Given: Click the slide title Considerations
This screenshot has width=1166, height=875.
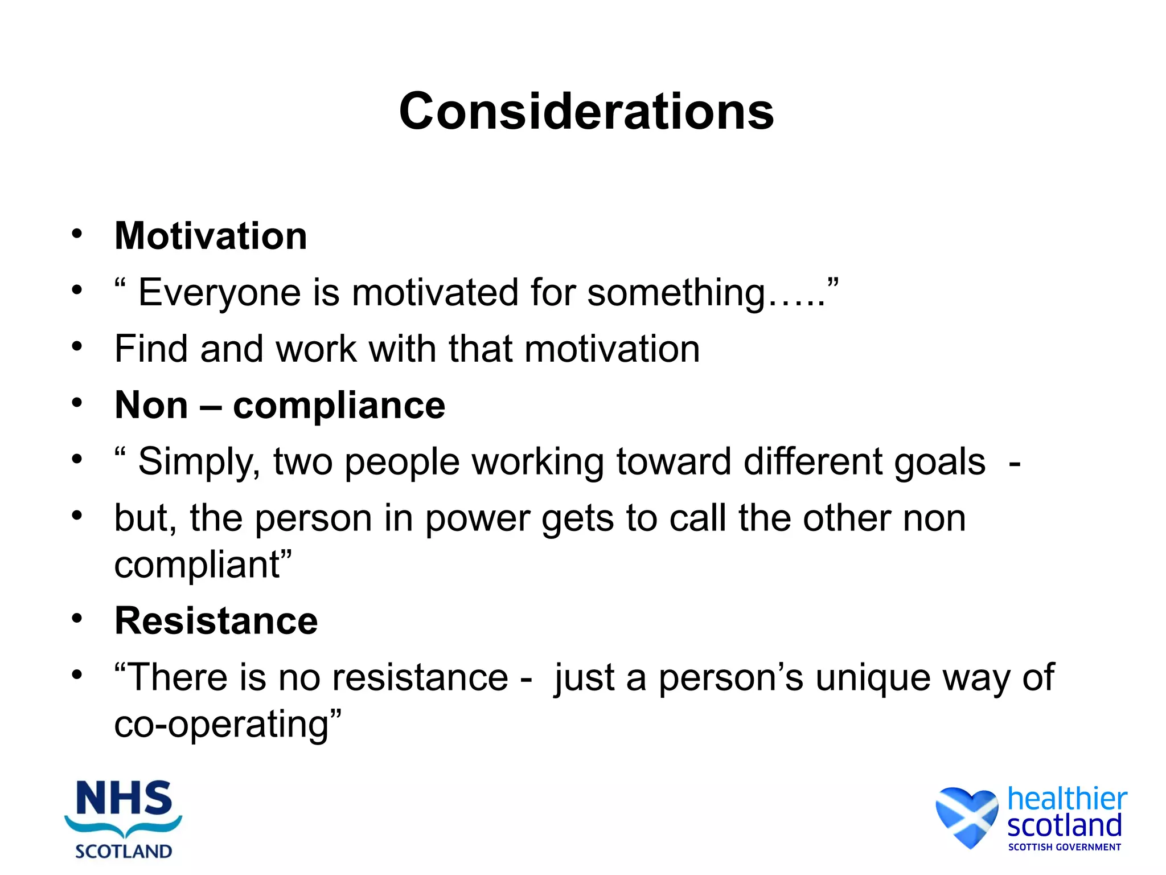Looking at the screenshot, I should [586, 111].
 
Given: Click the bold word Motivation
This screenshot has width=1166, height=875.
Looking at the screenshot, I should [211, 236].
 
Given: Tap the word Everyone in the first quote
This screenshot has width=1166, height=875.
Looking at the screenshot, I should [219, 293].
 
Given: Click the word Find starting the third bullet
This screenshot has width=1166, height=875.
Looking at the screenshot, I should [150, 349].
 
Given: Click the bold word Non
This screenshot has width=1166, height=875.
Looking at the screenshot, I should [151, 406].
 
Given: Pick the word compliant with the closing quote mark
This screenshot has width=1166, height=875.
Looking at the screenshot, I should [202, 565].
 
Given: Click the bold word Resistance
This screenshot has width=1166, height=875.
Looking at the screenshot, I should [216, 621].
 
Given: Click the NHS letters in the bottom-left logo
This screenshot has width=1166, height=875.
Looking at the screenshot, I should [124, 799].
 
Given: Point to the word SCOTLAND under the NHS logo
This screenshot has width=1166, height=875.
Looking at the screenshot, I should [124, 852].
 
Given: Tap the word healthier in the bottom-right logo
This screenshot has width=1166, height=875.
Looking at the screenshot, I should [1067, 799].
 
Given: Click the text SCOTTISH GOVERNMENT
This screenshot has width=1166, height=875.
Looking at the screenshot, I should [1064, 847].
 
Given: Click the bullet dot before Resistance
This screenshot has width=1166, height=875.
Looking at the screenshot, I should [77, 618].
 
